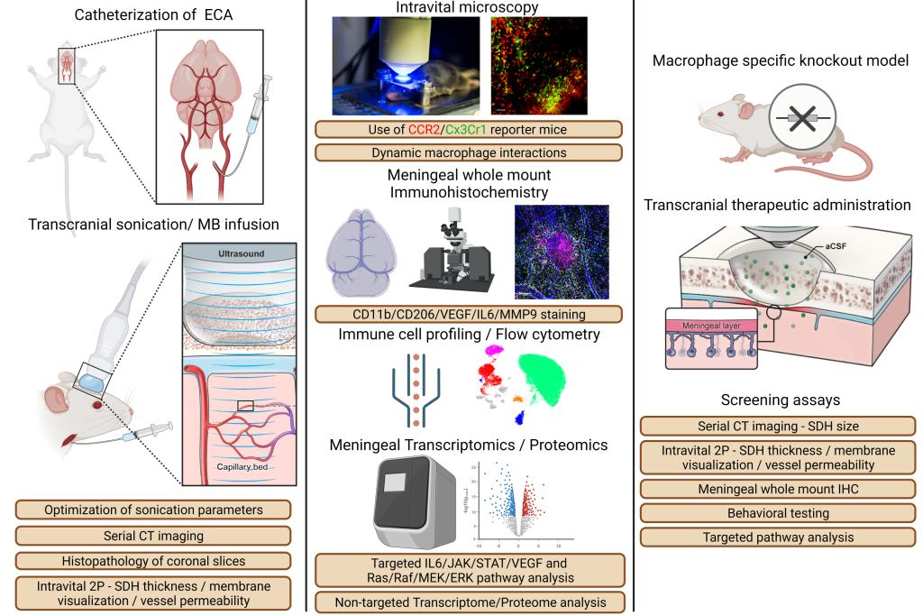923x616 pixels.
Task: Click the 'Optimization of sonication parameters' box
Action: click(x=154, y=510)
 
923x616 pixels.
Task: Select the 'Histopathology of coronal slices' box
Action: click(x=154, y=560)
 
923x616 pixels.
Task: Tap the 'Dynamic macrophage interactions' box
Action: click(x=470, y=152)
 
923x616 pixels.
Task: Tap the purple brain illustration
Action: click(x=361, y=254)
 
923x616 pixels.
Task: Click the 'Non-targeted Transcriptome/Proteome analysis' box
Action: click(x=469, y=602)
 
